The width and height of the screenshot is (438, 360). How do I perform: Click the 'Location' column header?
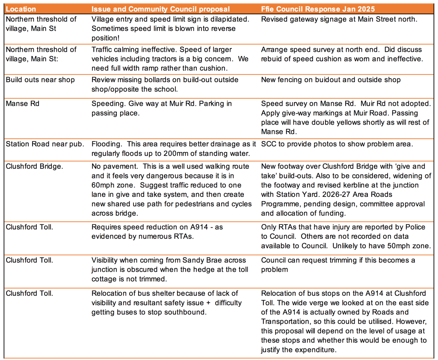click(21, 9)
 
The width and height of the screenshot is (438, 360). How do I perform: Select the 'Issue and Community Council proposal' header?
click(160, 9)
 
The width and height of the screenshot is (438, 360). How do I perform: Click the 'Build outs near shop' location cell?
click(40, 80)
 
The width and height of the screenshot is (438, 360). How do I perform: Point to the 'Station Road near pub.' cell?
click(45, 144)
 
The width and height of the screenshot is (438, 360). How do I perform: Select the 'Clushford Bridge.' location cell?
click(34, 166)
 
